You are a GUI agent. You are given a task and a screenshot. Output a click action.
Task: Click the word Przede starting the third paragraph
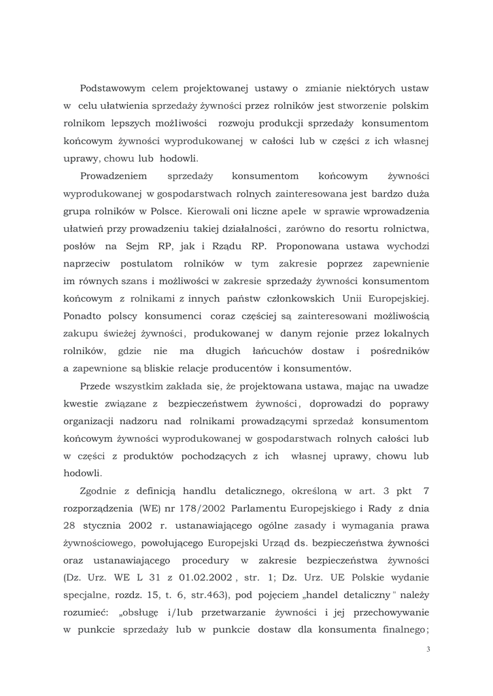(x=95, y=386)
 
